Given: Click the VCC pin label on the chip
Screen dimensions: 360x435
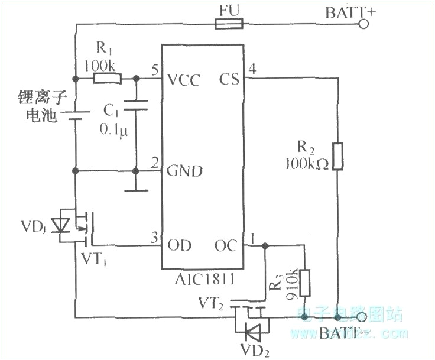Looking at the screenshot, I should pos(183,79).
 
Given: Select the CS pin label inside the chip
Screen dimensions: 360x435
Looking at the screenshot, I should pos(229,79).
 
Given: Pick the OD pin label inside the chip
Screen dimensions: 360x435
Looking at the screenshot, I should pos(180,244).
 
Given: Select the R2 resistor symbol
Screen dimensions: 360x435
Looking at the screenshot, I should pos(337,155).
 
